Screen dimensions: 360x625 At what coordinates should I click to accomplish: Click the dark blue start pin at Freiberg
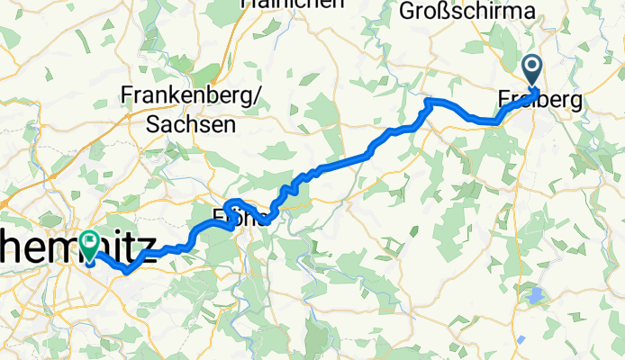531,70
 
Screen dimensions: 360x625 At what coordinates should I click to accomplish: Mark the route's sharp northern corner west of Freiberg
428,102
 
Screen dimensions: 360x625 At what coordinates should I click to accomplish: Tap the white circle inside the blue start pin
531,65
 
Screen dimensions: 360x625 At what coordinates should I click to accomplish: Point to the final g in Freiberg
576,103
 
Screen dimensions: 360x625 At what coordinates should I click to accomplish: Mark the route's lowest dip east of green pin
127,269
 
